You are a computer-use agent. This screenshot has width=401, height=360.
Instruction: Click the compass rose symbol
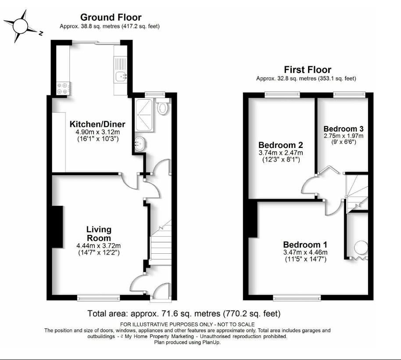point(20,26)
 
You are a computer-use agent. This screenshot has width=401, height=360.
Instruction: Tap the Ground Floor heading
point(111,18)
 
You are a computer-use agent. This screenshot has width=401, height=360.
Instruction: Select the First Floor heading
point(308,70)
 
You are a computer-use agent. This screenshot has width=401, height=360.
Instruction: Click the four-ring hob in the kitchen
point(63,88)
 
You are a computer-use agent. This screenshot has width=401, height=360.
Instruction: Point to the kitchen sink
point(121,76)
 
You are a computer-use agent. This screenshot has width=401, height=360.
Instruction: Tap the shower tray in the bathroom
point(144,115)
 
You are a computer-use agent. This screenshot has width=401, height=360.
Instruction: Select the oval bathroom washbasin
point(139,144)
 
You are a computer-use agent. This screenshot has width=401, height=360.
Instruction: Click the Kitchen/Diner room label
point(97,124)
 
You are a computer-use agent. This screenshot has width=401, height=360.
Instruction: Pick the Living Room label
point(99,234)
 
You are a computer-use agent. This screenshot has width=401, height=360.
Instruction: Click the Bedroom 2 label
point(280,145)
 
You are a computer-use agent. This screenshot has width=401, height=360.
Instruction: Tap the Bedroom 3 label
point(344,129)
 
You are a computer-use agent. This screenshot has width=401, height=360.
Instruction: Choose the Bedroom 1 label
point(305,245)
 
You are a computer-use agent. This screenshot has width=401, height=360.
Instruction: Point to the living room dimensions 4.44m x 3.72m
point(98,246)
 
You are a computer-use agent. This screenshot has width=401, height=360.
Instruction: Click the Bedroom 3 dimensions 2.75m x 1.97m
point(344,136)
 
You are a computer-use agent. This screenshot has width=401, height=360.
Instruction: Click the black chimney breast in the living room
point(57,227)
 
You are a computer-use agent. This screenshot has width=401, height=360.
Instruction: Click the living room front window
point(98,297)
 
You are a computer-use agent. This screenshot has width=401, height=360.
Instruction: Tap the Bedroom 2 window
point(282,95)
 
